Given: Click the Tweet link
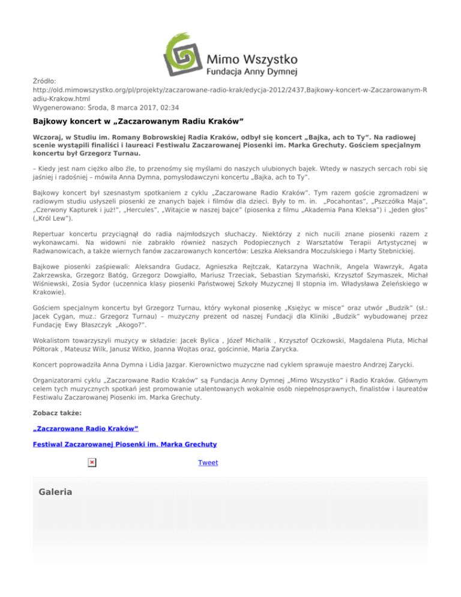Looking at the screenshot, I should pyautogui.click(x=208, y=463).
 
